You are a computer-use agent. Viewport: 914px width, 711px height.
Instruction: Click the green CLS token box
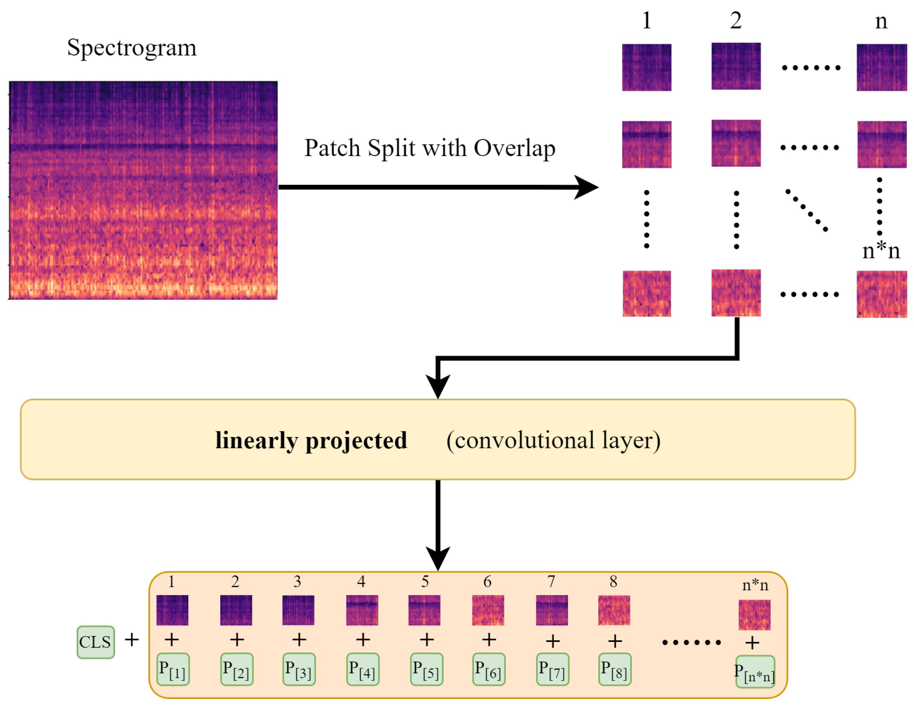(95, 642)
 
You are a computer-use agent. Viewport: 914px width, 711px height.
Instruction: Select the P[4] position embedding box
(363, 669)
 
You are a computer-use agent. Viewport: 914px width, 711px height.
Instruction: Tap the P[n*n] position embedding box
(755, 672)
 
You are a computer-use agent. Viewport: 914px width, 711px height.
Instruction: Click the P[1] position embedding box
(173, 669)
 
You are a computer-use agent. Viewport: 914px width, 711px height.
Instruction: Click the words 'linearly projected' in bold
(311, 440)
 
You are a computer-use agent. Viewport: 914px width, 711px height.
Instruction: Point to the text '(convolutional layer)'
(553, 440)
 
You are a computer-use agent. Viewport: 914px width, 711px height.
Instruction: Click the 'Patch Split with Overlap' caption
(429, 148)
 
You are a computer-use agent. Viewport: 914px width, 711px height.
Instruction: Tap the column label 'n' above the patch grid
(881, 21)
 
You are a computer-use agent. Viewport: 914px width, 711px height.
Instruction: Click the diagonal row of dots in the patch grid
(806, 210)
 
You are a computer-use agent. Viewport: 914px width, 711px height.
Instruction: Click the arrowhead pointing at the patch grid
(587, 187)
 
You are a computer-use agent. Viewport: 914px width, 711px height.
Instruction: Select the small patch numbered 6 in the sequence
(488, 610)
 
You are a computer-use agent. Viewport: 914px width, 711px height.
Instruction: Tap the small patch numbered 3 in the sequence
(298, 610)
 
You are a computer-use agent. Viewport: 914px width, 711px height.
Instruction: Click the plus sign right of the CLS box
(132, 640)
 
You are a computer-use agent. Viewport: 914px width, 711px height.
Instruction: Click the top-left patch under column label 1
(647, 67)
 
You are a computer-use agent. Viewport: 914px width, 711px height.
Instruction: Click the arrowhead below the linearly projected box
(438, 558)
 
